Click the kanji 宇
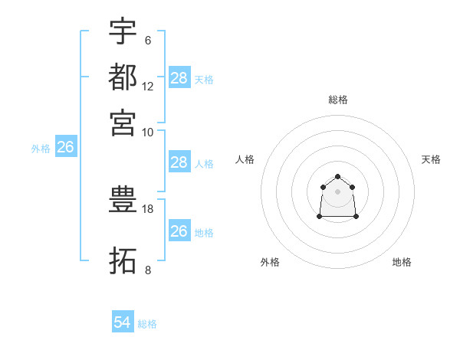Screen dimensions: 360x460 (123, 32)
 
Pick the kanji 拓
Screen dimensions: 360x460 (123, 260)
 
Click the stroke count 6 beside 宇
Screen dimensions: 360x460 (147, 41)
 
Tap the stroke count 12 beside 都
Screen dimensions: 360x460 (148, 86)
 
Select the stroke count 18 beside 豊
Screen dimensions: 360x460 (148, 208)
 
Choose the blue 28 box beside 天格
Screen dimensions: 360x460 (179, 77)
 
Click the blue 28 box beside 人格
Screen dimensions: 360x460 (179, 162)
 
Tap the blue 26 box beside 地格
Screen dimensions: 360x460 (179, 231)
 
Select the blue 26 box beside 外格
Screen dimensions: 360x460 (65, 148)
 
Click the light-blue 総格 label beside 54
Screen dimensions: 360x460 (147, 324)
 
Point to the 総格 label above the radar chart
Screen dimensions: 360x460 (337, 100)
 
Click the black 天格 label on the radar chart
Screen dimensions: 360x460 (431, 159)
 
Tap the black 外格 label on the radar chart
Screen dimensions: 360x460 (270, 262)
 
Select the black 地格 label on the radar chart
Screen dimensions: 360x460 (402, 262)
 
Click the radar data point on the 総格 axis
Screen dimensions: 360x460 (337, 177)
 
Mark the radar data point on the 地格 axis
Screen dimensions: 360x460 (356, 217)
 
